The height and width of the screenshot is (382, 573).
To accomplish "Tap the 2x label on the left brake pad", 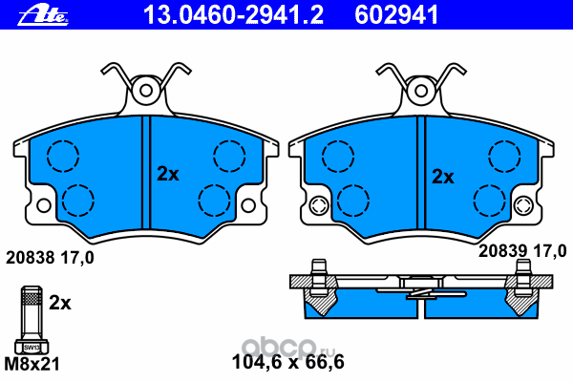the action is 168,174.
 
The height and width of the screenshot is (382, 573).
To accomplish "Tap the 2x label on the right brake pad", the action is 442,177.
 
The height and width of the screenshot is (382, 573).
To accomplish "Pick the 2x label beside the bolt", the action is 60,304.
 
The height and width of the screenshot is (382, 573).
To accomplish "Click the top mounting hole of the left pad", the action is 146,92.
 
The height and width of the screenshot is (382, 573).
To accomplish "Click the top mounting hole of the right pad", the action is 419,92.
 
